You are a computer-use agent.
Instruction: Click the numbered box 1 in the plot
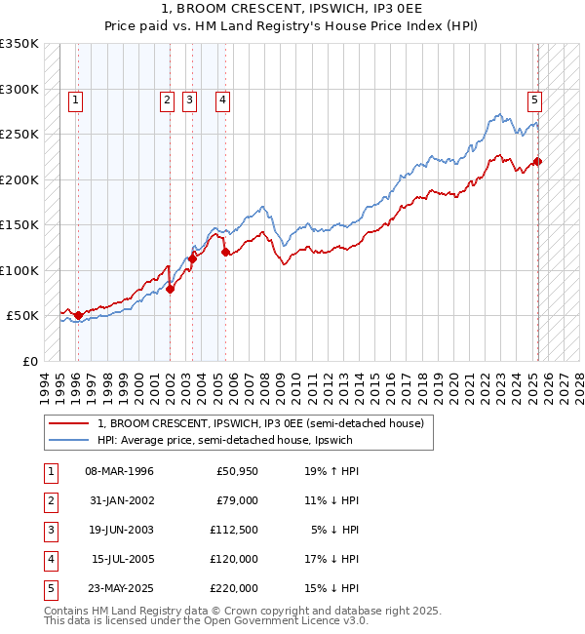[75, 99]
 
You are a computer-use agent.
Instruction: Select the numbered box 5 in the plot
[535, 99]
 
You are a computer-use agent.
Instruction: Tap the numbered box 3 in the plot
[188, 99]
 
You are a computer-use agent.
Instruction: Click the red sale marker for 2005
[225, 252]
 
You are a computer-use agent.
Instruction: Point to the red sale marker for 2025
[537, 162]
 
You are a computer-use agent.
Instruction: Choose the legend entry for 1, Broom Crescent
[259, 424]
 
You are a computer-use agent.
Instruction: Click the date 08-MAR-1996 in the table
[120, 471]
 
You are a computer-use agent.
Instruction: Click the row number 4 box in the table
[50, 559]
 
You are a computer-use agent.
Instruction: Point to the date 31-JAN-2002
[120, 500]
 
